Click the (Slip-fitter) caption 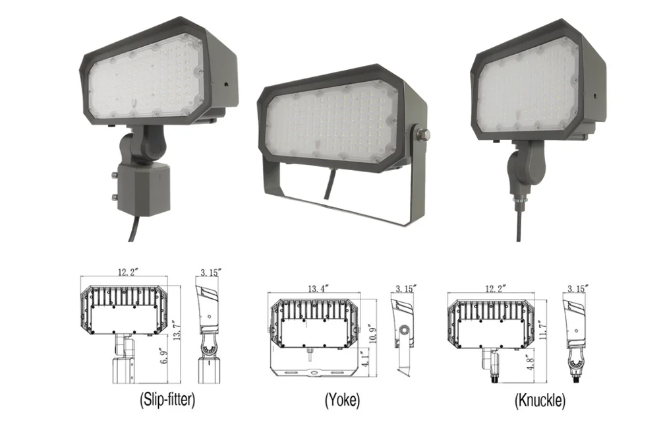tap(167, 399)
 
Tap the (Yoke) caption tap(342, 400)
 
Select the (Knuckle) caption tap(540, 400)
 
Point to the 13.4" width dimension tap(318, 288)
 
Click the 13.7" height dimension tap(177, 330)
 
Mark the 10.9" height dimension tap(372, 334)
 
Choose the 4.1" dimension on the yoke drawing tap(366, 359)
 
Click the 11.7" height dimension tap(543, 329)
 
